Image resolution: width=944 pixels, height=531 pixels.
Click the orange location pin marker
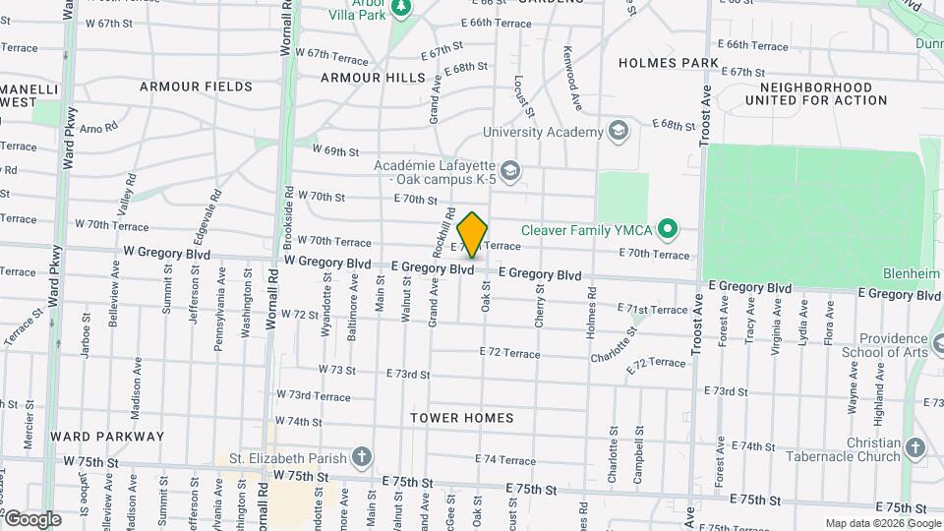click(472, 235)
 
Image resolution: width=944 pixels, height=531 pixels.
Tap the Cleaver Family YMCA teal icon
click(668, 230)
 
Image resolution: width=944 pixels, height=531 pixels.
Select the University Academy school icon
click(618, 132)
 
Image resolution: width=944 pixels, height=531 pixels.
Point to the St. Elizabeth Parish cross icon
click(362, 457)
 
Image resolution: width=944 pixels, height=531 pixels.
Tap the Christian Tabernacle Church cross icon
click(915, 449)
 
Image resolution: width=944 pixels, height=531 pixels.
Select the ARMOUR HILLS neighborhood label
click(373, 77)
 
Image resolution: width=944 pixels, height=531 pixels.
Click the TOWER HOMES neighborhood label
click(462, 418)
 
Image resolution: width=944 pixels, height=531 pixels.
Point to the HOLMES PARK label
click(669, 63)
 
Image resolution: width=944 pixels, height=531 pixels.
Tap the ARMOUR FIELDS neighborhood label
click(196, 87)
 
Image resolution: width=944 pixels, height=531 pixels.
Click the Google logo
click(32, 518)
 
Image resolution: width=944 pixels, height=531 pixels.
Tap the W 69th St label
click(335, 151)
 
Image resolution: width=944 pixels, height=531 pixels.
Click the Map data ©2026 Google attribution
click(881, 523)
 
